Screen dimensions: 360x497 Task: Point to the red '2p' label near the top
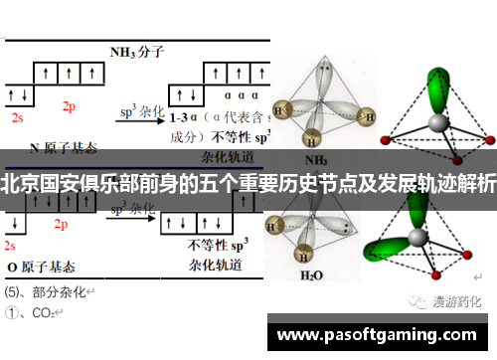(69, 106)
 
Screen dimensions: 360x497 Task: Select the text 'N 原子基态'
(64, 148)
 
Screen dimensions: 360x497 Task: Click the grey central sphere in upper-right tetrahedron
(437, 122)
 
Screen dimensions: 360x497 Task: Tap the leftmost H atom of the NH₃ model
(283, 110)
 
